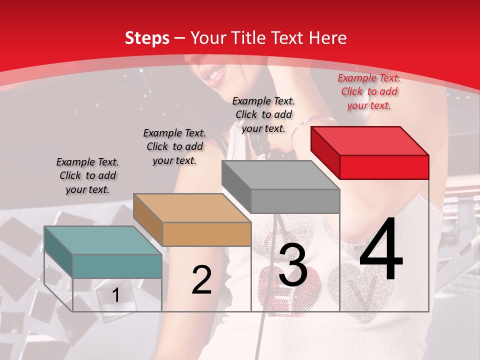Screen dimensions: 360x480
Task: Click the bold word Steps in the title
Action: [147, 38]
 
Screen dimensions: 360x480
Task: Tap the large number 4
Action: [381, 249]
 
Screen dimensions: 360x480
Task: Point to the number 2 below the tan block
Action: [202, 280]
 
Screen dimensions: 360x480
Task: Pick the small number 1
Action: [115, 295]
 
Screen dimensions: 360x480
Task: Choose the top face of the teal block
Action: [103, 240]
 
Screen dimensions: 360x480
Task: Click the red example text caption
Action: [369, 91]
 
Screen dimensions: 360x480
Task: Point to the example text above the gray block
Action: [263, 114]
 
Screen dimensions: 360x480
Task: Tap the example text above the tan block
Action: [174, 146]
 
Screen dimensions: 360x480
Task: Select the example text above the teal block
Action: [87, 175]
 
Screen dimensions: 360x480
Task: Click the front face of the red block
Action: [384, 167]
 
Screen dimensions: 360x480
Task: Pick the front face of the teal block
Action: [117, 266]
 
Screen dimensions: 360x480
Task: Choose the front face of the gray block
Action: [295, 201]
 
